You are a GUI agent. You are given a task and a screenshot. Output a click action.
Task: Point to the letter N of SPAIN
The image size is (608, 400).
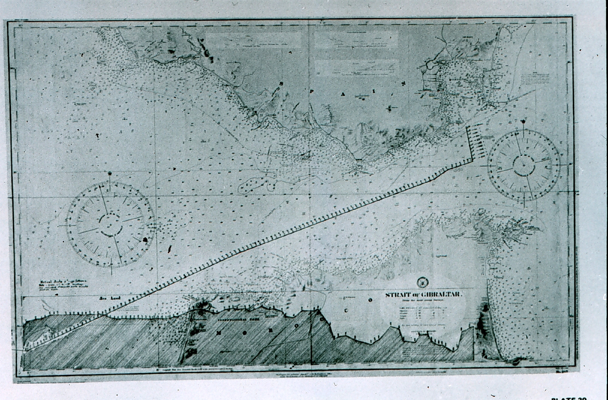tap(403, 84)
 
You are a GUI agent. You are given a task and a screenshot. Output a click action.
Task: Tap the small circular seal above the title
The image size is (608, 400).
tap(422, 281)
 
